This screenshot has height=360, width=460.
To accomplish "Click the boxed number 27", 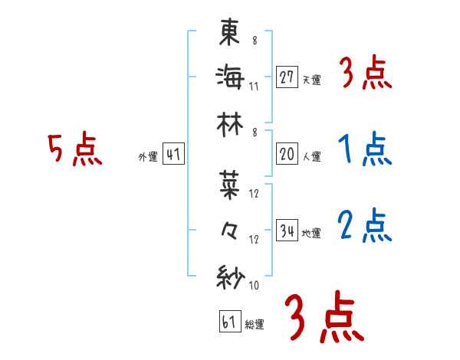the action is tap(287, 77).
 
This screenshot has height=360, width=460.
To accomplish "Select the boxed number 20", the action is tap(287, 154).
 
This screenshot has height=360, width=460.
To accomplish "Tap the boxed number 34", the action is tap(287, 231).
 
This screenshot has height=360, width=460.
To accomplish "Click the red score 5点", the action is tap(74, 150).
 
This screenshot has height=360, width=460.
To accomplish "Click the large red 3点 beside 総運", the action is tap(323, 317).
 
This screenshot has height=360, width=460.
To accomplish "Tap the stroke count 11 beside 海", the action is tap(254, 86).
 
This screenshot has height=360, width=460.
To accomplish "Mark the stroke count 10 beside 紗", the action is tap(254, 286).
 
